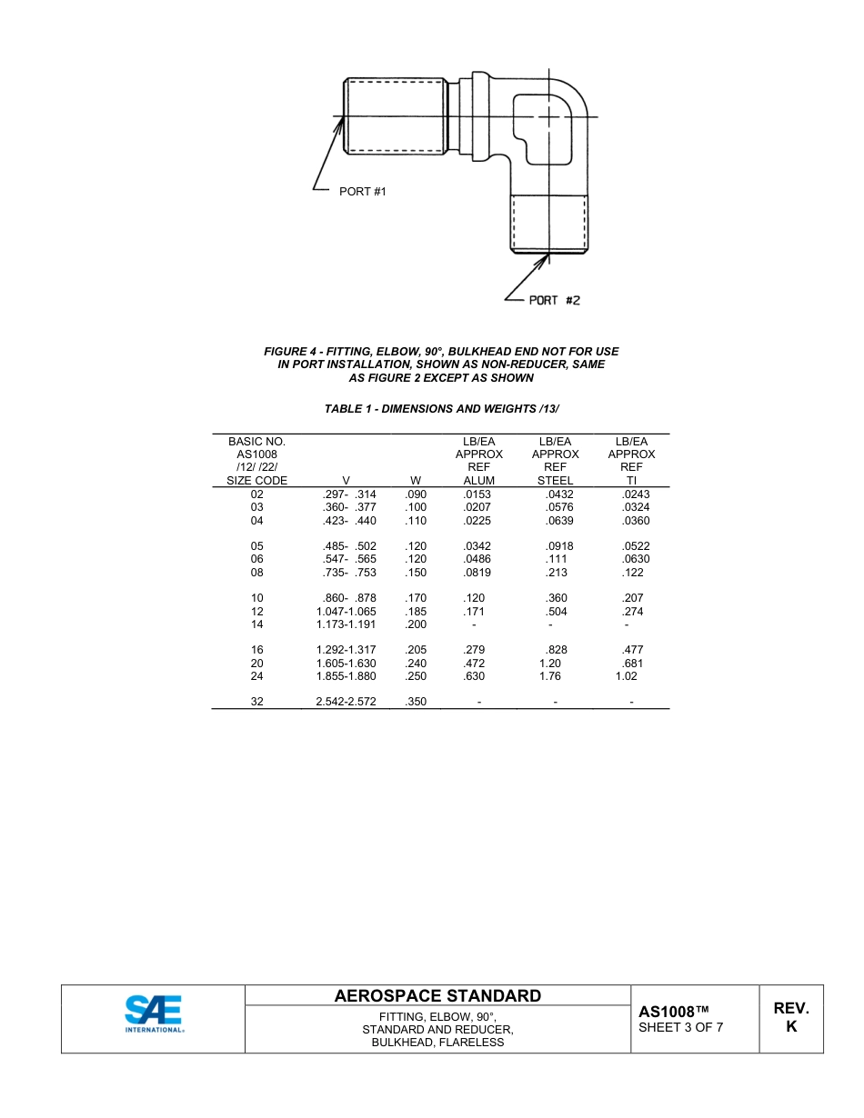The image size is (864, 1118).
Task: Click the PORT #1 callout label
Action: pos(362,192)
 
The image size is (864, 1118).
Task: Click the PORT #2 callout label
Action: pos(554,300)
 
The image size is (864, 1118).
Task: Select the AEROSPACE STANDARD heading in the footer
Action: pos(437,996)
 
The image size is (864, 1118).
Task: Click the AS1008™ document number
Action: pos(673,1012)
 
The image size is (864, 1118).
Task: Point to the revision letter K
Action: pos(791,1027)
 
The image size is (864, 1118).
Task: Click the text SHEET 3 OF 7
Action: pos(681,1028)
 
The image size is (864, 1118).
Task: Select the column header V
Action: pos(346,480)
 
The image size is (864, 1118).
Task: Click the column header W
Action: pos(416,480)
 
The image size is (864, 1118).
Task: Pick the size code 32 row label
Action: pos(257,702)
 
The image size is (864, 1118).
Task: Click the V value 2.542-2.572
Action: pos(346,702)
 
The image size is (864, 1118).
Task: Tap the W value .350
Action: pos(416,702)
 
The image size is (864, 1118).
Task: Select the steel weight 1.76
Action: pos(549,676)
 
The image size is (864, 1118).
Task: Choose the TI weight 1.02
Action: pos(626,676)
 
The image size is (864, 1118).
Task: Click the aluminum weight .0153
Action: pos(477,494)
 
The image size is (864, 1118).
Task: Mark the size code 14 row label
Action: pos(257,624)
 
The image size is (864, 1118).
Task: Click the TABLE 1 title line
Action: pos(442,409)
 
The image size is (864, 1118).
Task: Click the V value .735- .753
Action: pos(349,573)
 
